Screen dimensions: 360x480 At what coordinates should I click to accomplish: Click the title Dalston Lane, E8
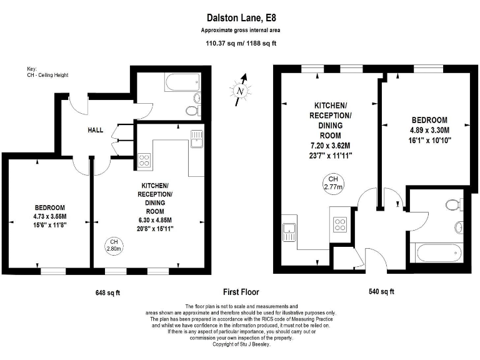240,19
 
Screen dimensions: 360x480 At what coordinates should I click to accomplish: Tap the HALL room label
96,129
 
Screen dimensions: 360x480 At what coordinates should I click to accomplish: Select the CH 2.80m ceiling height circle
114,244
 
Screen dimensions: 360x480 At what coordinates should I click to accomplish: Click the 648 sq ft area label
107,292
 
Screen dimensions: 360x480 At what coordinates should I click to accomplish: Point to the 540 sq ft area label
381,292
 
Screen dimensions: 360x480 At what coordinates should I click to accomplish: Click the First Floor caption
241,292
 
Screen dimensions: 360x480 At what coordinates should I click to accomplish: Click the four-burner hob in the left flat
144,160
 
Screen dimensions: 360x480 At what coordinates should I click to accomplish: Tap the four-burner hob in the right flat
341,224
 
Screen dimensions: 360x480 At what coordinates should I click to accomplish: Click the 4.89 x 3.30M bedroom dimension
429,131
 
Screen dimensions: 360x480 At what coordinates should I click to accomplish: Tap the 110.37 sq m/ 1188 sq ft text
240,44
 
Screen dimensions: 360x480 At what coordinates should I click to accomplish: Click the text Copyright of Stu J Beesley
240,344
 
